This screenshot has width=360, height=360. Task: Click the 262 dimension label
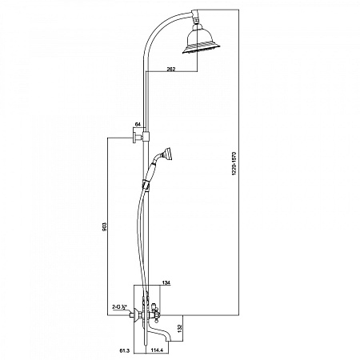(x=171, y=69)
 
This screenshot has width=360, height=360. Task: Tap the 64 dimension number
(x=138, y=124)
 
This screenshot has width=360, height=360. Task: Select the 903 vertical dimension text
(x=105, y=226)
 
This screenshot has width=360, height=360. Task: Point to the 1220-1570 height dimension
(x=234, y=163)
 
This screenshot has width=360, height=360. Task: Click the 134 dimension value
(x=166, y=282)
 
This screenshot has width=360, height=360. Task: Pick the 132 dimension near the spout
(x=179, y=327)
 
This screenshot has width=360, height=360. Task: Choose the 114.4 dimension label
(x=157, y=350)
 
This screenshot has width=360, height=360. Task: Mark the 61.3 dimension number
(x=125, y=351)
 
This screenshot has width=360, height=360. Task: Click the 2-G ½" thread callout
(x=119, y=307)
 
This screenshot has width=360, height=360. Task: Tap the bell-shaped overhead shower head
(x=202, y=40)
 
